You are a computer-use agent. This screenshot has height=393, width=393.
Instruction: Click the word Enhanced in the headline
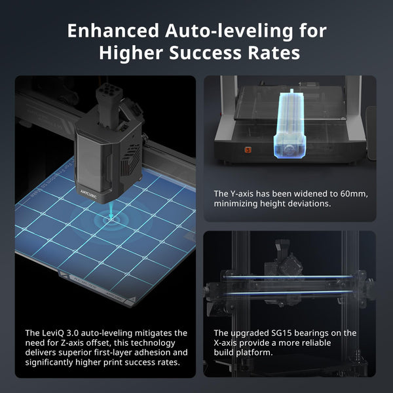pyautogui.click(x=113, y=31)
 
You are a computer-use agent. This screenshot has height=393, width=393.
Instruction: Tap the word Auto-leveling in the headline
pyautogui.click(x=229, y=31)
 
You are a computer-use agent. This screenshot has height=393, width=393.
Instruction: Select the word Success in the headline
pyautogui.click(x=205, y=52)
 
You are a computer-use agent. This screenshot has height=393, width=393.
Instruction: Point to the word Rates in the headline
pyautogui.click(x=274, y=52)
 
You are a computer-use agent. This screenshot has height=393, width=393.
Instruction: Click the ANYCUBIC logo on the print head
pyautogui.click(x=88, y=195)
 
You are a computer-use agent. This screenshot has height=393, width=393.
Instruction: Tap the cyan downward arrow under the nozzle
pyautogui.click(x=111, y=212)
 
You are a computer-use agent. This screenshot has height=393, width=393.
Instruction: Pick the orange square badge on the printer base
pyautogui.click(x=248, y=150)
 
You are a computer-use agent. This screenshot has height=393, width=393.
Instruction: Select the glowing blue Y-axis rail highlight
pyautogui.click(x=290, y=124)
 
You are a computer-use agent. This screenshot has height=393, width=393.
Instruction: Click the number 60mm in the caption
pyautogui.click(x=354, y=194)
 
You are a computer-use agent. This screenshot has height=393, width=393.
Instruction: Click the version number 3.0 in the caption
pyautogui.click(x=73, y=333)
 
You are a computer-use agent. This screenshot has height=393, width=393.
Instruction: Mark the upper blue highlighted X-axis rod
pyautogui.click(x=288, y=276)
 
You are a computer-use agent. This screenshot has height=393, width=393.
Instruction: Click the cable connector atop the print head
pyautogui.click(x=109, y=91)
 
